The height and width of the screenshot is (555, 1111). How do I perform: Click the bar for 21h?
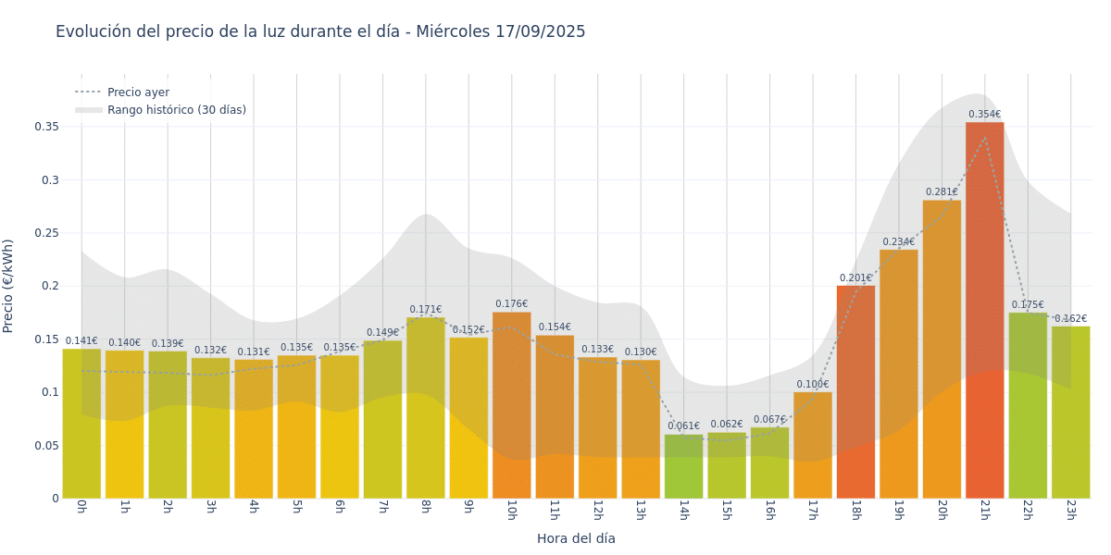pos(984,310)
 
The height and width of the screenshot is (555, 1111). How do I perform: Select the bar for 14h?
pos(683,466)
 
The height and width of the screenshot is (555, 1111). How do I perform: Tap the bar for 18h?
pos(855,391)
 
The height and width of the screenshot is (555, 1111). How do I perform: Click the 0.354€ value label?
pos(984,115)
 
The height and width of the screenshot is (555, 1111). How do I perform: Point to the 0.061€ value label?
pos(683,426)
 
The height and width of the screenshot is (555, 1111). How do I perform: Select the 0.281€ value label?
pos(942,192)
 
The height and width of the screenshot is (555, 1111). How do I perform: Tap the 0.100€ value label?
pos(813,385)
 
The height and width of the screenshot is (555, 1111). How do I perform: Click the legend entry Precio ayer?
pos(138,92)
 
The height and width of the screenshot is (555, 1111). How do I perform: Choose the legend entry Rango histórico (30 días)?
pos(176,110)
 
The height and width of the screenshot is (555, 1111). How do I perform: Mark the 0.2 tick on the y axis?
pos(51,286)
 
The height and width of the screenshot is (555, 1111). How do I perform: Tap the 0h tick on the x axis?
pos(81,510)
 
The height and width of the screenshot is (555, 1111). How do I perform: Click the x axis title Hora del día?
pos(576,538)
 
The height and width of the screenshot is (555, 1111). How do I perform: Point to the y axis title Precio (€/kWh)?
pos(8,286)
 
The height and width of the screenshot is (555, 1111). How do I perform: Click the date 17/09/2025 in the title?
pos(540,31)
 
